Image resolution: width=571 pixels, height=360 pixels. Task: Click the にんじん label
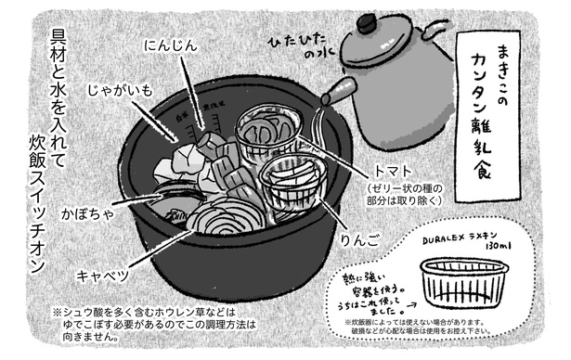click(x=171, y=45)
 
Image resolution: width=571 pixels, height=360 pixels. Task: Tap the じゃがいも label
click(x=120, y=90)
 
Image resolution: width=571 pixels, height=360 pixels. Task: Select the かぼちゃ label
click(x=87, y=213)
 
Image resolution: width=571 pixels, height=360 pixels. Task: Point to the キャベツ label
click(x=103, y=276)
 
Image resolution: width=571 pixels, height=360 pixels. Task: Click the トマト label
click(x=394, y=171)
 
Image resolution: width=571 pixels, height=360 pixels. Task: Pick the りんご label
click(x=359, y=240)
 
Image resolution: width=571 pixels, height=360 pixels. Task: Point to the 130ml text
click(x=499, y=247)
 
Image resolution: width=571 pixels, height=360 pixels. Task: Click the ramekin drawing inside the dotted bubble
click(x=464, y=284)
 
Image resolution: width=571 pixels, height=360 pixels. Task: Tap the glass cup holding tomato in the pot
click(x=268, y=134)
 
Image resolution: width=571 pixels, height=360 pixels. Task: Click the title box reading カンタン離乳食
click(x=488, y=116)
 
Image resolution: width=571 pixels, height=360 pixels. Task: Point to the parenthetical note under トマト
click(x=404, y=195)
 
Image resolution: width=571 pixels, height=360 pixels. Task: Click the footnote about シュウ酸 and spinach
click(x=154, y=325)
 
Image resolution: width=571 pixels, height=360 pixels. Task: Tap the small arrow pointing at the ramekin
click(x=411, y=305)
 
